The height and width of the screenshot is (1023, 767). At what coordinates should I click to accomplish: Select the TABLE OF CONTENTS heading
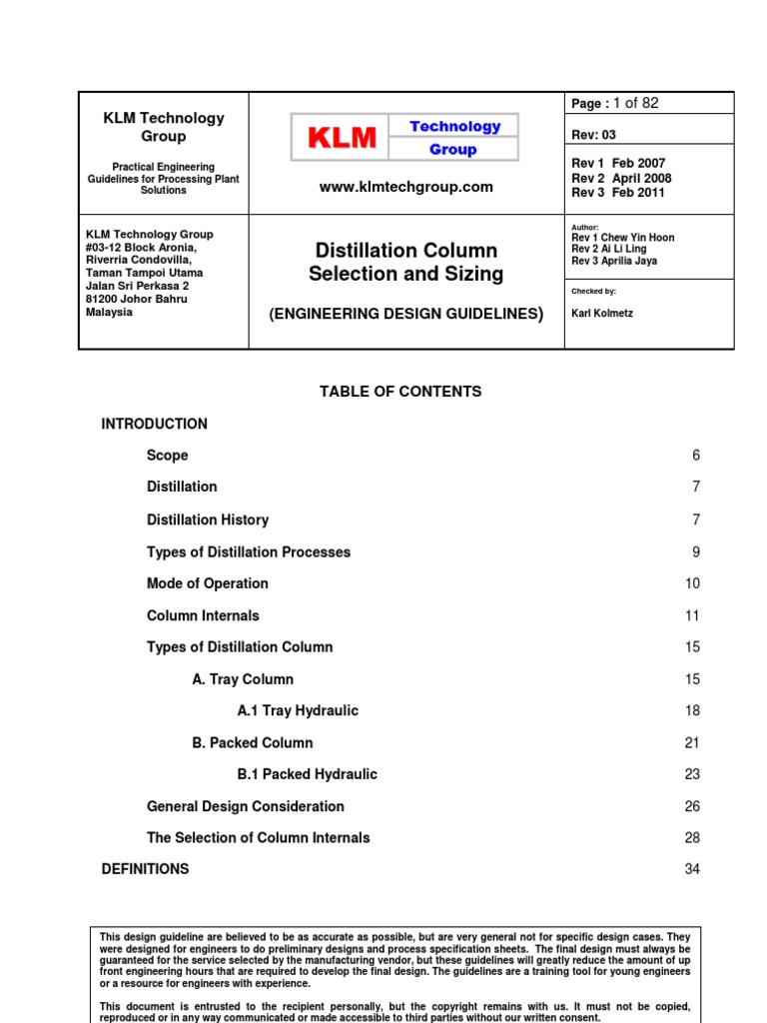click(400, 392)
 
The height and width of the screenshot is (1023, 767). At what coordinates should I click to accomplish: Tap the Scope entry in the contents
click(167, 456)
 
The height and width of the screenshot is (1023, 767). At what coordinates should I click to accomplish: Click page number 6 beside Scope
click(696, 456)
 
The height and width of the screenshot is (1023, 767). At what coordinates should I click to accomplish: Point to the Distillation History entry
click(207, 519)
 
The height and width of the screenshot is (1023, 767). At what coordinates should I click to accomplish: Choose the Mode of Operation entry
click(207, 583)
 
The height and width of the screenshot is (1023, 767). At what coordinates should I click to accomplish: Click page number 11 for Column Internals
click(692, 615)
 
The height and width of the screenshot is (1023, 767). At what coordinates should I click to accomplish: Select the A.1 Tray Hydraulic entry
click(298, 711)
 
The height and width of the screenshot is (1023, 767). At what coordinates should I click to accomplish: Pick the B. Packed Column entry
click(252, 743)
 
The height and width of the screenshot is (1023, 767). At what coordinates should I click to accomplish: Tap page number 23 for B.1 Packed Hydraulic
click(692, 774)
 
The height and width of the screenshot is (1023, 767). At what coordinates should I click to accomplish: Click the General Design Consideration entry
click(245, 806)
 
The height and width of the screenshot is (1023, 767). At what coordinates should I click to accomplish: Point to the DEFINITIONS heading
click(145, 869)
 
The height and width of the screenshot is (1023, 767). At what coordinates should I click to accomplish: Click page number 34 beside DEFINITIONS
click(692, 869)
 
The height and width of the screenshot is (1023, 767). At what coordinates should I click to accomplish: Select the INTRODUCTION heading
click(154, 424)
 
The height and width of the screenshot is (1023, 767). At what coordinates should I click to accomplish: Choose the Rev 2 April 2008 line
click(621, 178)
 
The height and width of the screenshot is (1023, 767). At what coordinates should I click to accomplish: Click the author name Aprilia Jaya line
click(614, 262)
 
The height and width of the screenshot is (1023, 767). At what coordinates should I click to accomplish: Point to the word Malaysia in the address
click(109, 312)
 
